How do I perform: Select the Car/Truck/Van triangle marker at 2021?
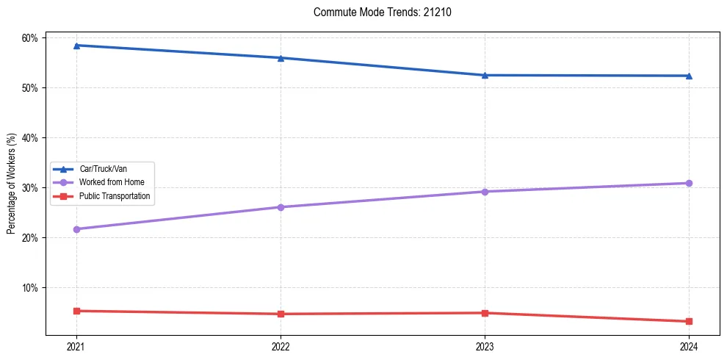76,46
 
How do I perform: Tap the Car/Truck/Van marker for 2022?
281,58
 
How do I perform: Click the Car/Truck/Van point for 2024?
689,76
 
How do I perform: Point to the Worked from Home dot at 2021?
76,229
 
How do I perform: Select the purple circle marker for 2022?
281,207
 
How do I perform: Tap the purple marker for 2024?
689,183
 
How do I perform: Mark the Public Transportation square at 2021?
76,311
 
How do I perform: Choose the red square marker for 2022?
281,314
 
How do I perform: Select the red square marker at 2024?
689,321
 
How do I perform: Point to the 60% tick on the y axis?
33,37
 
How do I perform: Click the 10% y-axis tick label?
33,287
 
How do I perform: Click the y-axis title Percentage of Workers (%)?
12,184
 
